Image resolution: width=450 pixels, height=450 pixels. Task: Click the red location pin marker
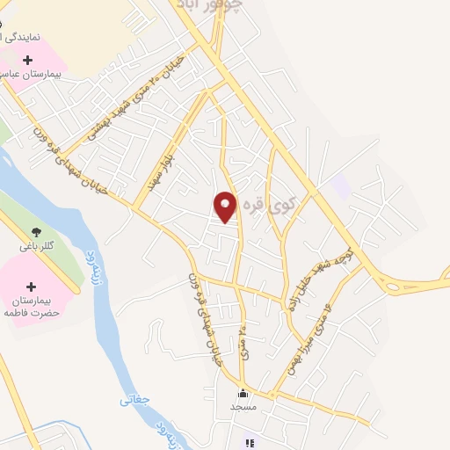coord(225,207)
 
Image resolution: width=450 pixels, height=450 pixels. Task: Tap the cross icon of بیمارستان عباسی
coord(28,60)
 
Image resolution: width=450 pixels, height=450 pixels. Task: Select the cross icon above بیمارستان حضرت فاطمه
coord(32,287)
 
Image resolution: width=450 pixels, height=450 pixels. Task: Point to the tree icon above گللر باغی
coord(36,231)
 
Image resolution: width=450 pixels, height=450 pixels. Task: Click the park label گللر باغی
coord(37,246)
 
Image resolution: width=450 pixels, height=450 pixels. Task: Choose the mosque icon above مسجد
coord(243,393)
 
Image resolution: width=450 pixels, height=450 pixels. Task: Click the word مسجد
coord(243,407)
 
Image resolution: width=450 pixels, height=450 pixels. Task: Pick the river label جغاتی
coord(135,400)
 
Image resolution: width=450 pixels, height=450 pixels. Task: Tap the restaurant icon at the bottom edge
coord(250,444)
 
